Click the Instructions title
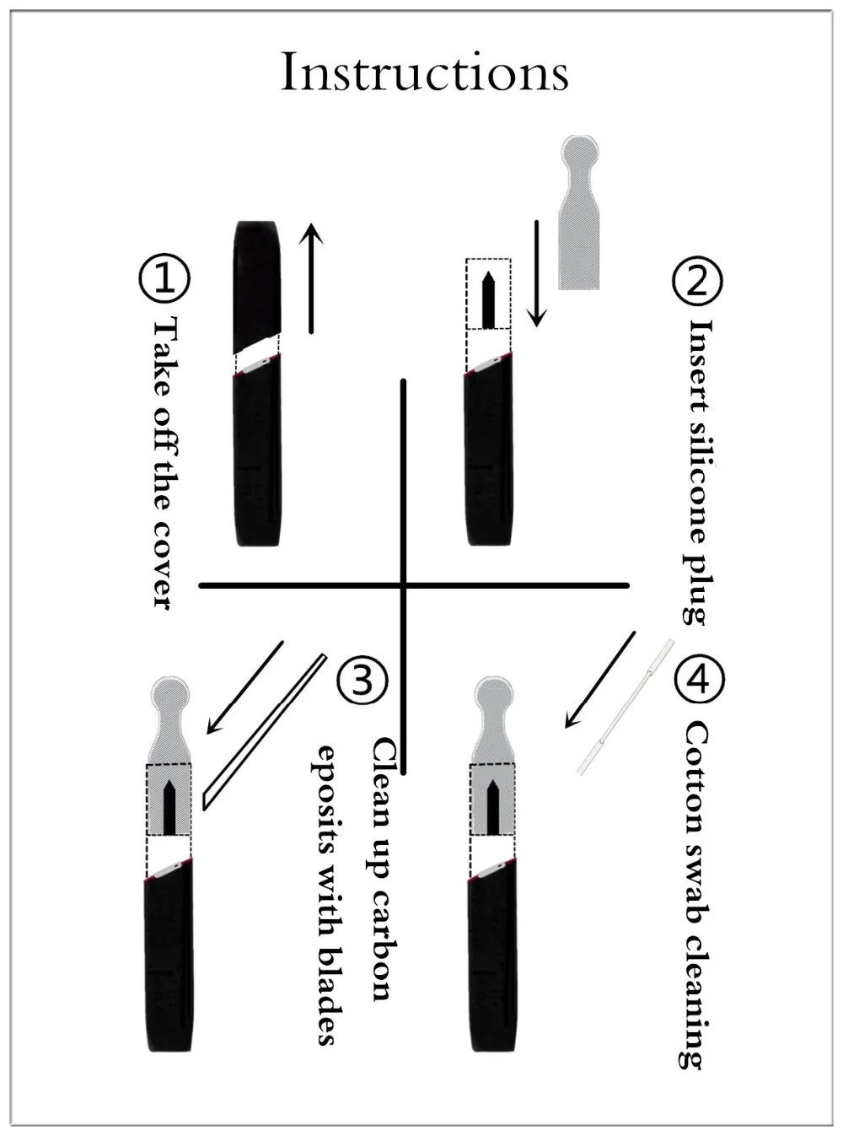(x=425, y=71)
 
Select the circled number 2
(x=697, y=281)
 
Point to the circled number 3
(x=362, y=680)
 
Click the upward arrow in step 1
(x=311, y=278)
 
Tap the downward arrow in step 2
(x=537, y=273)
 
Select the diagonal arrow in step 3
(x=244, y=687)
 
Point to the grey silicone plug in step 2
(x=579, y=213)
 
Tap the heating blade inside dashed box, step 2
(x=489, y=300)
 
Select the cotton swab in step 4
(x=625, y=706)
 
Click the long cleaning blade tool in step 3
(x=264, y=732)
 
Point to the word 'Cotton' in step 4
(x=696, y=782)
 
